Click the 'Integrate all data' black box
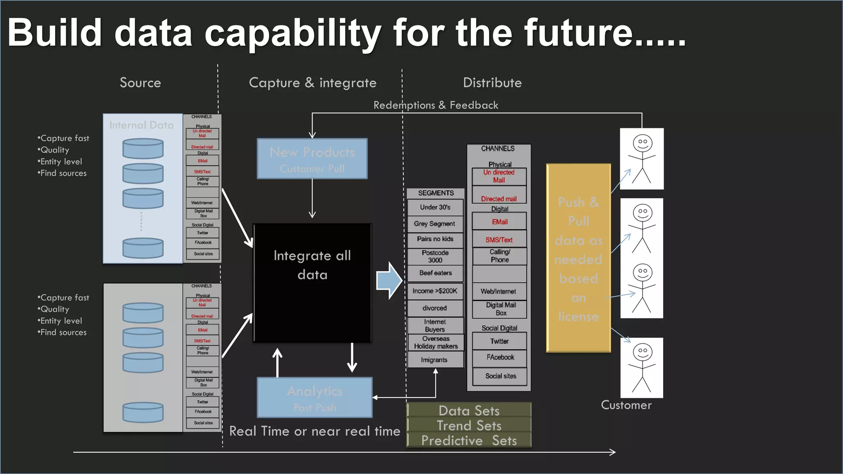pos(312,283)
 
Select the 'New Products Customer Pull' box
pos(312,159)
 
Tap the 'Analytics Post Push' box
pos(314,397)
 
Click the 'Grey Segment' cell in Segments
pos(435,224)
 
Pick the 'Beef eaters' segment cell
pos(435,273)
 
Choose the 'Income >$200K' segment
pos(435,291)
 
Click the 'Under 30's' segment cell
pos(435,207)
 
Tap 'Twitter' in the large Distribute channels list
pos(499,342)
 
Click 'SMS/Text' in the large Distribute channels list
pos(499,240)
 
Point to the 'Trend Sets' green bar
pos(469,425)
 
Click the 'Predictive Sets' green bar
pos(469,441)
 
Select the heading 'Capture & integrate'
pos(312,83)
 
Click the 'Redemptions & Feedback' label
pos(435,105)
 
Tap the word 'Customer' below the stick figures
pos(626,405)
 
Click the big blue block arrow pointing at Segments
pos(389,281)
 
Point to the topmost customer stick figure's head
pos(642,143)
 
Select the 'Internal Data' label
pos(142,125)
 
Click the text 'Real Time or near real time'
pos(314,431)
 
